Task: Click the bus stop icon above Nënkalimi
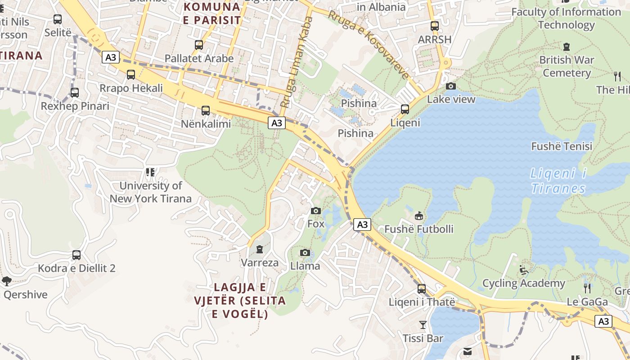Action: point(206,110)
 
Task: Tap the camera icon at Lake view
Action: point(450,86)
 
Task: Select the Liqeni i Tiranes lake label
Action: point(558,180)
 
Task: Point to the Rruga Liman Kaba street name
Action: point(297,62)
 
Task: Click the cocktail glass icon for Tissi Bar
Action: point(423,324)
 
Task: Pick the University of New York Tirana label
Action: point(151,192)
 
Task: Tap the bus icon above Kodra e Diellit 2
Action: point(76,255)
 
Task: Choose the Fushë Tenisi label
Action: point(562,146)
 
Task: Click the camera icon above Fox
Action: point(316,211)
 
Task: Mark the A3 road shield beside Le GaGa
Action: point(603,321)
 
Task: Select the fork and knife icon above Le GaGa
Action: point(587,288)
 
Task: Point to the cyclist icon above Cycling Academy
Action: point(524,270)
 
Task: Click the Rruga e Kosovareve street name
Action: point(369,44)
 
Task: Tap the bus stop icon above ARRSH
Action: point(434,26)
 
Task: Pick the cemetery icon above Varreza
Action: point(259,249)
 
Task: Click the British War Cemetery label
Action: point(567,66)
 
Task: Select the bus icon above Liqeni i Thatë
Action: point(422,288)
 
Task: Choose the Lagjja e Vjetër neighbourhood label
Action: point(240,300)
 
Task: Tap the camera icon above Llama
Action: point(305,253)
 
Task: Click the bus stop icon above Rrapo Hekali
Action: point(131,75)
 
